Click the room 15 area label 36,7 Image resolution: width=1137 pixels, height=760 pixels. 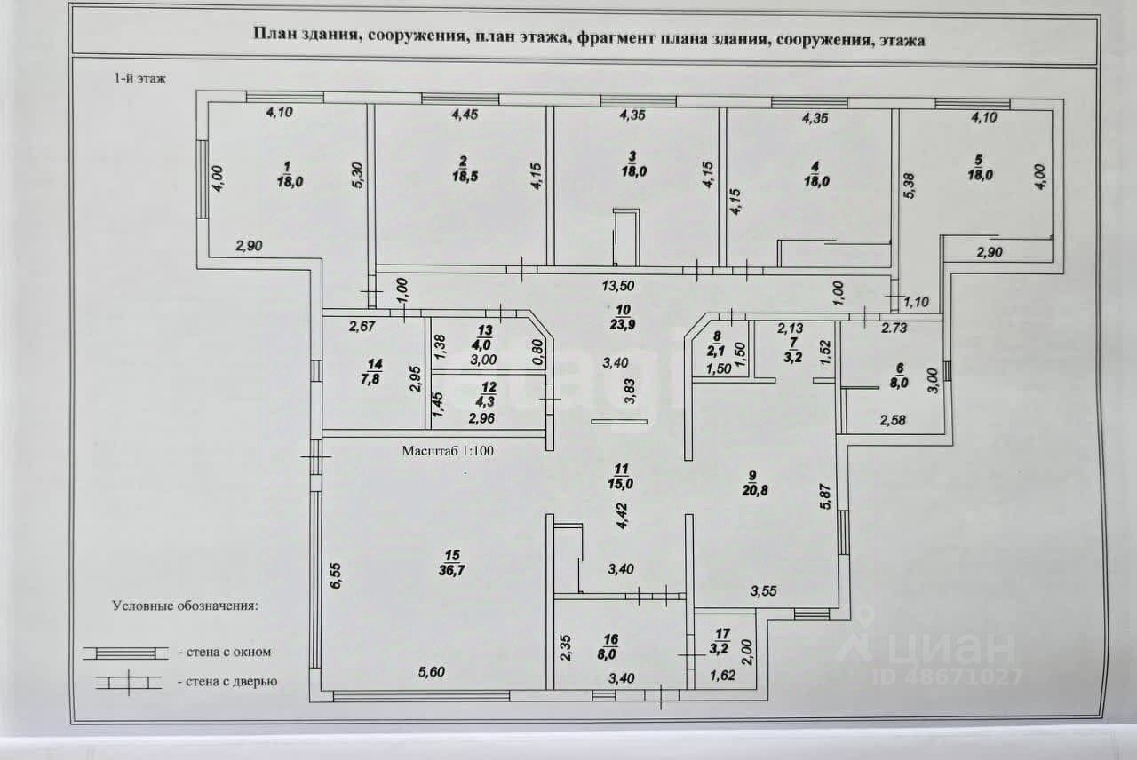click(452, 570)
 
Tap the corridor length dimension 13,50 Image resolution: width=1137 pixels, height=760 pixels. click(617, 286)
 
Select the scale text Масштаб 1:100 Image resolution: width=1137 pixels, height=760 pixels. click(447, 451)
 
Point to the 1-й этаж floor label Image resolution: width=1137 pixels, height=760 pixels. click(139, 79)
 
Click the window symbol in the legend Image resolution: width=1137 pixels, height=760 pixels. click(125, 653)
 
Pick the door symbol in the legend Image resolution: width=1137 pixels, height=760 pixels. click(129, 683)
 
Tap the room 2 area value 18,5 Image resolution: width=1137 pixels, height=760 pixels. click(465, 177)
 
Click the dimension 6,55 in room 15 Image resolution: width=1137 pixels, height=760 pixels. click(336, 575)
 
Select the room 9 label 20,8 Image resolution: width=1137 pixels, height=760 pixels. click(755, 491)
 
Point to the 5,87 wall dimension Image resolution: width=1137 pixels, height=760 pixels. click(825, 496)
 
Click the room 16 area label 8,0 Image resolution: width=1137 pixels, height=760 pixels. click(607, 654)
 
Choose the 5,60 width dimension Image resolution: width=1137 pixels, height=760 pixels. click(432, 672)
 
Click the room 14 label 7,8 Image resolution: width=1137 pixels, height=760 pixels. click(370, 379)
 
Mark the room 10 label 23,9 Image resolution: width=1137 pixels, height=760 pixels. click(623, 325)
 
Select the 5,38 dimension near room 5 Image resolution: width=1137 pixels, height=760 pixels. click(909, 186)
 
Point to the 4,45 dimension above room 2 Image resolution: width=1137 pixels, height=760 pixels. click(465, 115)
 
